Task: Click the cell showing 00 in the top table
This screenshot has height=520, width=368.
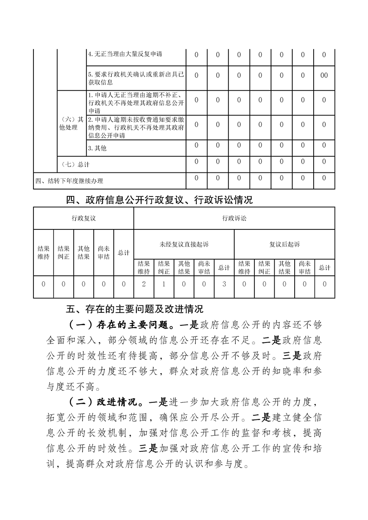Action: point(324,75)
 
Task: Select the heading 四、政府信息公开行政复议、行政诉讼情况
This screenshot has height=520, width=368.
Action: point(160,200)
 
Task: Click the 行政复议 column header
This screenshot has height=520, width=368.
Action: point(84,218)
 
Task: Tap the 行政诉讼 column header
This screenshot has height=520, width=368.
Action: point(234,218)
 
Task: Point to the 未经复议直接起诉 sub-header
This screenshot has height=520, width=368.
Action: point(184,244)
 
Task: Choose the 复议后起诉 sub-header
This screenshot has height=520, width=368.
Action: point(284,244)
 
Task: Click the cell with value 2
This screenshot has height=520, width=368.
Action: point(144,284)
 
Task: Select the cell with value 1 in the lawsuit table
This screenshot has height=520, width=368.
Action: point(164,284)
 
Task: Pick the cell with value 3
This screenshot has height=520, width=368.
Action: point(224,284)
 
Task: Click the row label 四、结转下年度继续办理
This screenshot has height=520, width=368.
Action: point(69,181)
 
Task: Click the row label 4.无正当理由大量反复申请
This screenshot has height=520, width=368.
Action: point(125,55)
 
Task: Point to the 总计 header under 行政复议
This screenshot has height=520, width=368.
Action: point(123,253)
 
